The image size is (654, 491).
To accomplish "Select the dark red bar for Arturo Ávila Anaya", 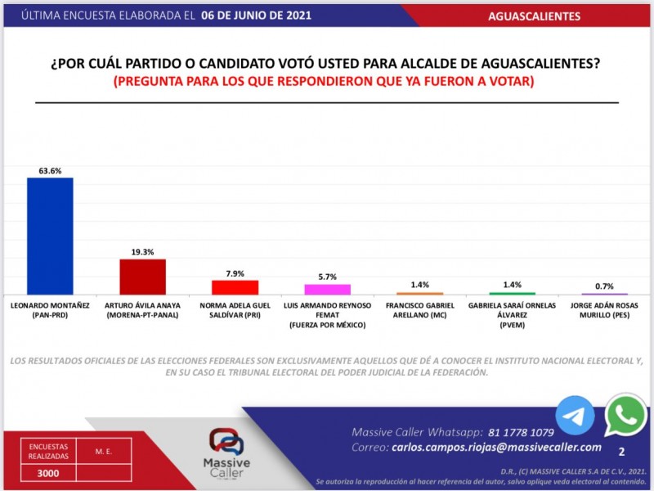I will point(143,277).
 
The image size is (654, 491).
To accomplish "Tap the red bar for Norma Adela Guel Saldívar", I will point(235,287).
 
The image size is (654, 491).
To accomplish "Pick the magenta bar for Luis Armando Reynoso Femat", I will point(327,289).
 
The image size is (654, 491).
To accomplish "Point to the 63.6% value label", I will point(50,171).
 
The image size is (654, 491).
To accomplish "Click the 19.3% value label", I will point(143,252).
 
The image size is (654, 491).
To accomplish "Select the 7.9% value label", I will point(235,273).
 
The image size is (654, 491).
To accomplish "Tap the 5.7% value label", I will point(327,277).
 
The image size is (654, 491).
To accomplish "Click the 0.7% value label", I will point(604,286).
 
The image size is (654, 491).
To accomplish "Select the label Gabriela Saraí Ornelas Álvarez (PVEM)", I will point(512,315).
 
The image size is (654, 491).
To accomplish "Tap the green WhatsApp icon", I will point(625,416).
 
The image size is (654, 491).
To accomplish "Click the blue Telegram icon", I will point(576,415).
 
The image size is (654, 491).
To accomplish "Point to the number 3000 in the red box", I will point(47,472).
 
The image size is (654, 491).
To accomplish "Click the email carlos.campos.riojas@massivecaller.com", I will point(497,448).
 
